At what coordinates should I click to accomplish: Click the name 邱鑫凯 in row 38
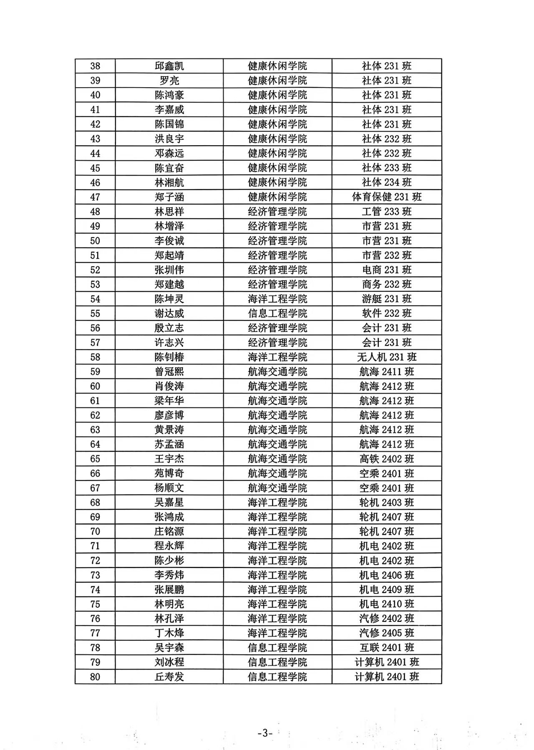point(169,66)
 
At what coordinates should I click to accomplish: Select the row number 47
point(95,197)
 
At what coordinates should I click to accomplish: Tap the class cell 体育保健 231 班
point(387,197)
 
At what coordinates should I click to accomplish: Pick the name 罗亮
point(169,81)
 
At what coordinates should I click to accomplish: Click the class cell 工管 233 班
point(387,212)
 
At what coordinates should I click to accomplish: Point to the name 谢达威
point(169,313)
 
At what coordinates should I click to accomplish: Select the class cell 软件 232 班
point(387,313)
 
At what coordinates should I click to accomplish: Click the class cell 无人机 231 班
point(387,357)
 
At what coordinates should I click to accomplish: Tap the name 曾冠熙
point(169,371)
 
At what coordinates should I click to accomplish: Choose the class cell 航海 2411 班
point(387,371)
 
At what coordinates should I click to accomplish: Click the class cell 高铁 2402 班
point(387,459)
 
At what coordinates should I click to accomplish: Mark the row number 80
point(95,677)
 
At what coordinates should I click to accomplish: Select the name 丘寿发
point(169,677)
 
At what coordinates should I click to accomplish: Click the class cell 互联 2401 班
point(387,648)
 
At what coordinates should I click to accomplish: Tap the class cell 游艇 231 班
point(387,299)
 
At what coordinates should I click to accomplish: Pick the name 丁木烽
point(169,633)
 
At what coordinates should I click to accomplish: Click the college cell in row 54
point(277,299)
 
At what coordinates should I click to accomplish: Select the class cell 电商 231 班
point(387,270)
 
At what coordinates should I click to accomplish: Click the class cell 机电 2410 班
point(387,604)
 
